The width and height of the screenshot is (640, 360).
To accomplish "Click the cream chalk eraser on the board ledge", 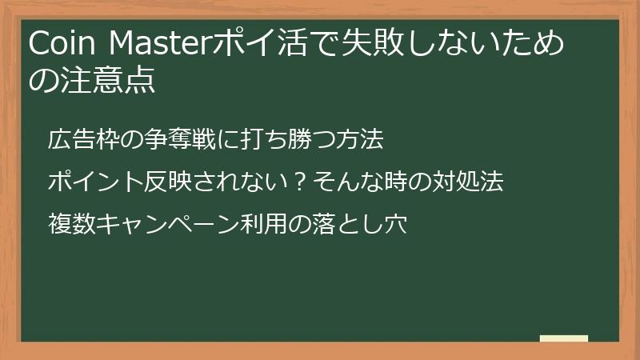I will [563, 338].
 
